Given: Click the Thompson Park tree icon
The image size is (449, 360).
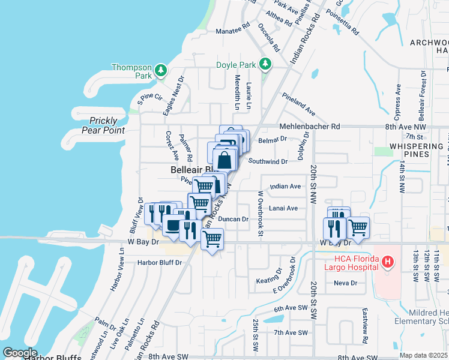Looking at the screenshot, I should [x=160, y=71].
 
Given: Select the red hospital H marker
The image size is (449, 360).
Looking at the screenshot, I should [x=388, y=262].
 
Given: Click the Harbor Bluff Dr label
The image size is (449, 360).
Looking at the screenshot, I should [x=159, y=262].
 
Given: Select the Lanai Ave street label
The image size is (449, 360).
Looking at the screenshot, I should [x=284, y=208].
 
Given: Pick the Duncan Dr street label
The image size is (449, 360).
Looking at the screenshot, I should [x=233, y=220].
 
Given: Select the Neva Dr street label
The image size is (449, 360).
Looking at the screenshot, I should [x=345, y=283].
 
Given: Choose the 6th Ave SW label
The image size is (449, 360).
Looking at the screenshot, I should [x=291, y=308].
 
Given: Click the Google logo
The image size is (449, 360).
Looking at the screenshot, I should [x=20, y=353].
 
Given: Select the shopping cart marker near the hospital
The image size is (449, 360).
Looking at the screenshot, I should [x=358, y=227].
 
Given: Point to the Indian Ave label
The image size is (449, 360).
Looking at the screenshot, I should [x=286, y=187].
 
